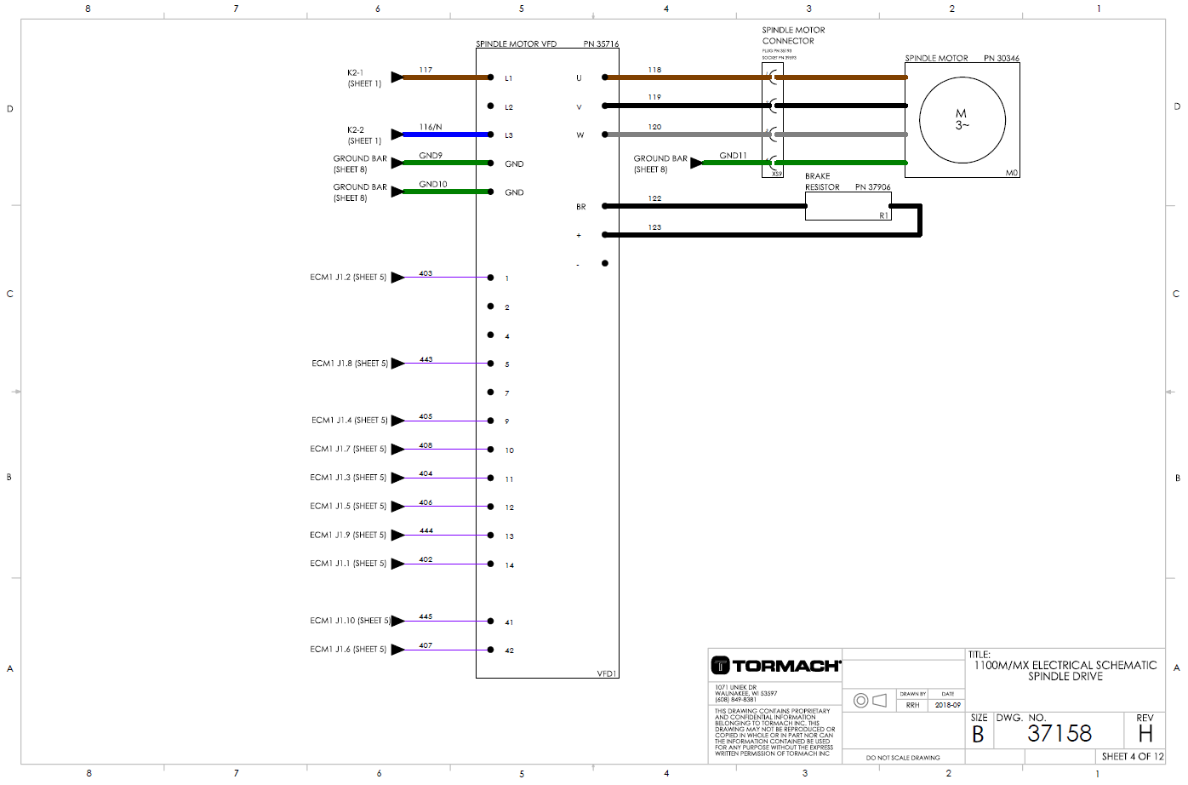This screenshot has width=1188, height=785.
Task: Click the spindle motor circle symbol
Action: [962, 120]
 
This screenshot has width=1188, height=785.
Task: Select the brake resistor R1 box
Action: [848, 207]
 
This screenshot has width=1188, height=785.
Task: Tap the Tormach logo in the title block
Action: [775, 666]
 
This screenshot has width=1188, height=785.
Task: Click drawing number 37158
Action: [1059, 733]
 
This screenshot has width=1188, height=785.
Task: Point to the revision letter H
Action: [1145, 733]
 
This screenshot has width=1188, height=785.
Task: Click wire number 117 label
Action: [426, 70]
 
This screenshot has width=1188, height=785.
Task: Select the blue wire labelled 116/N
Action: [446, 135]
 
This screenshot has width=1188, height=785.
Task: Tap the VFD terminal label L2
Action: [509, 107]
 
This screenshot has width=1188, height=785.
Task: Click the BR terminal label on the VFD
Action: [580, 207]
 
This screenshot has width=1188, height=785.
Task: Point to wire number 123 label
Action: [654, 227]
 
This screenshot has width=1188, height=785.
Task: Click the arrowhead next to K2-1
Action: [397, 77]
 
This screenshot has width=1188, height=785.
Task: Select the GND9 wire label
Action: [431, 156]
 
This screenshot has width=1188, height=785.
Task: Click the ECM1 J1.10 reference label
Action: [350, 621]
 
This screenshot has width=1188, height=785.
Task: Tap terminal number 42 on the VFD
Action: [509, 650]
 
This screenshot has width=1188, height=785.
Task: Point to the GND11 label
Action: [733, 156]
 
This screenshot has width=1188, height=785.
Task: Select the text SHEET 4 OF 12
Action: [1132, 756]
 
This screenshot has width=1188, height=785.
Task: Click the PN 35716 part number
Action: [601, 43]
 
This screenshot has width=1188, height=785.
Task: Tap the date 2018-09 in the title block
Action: [947, 705]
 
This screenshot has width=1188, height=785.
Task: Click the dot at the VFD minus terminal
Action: [605, 263]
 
